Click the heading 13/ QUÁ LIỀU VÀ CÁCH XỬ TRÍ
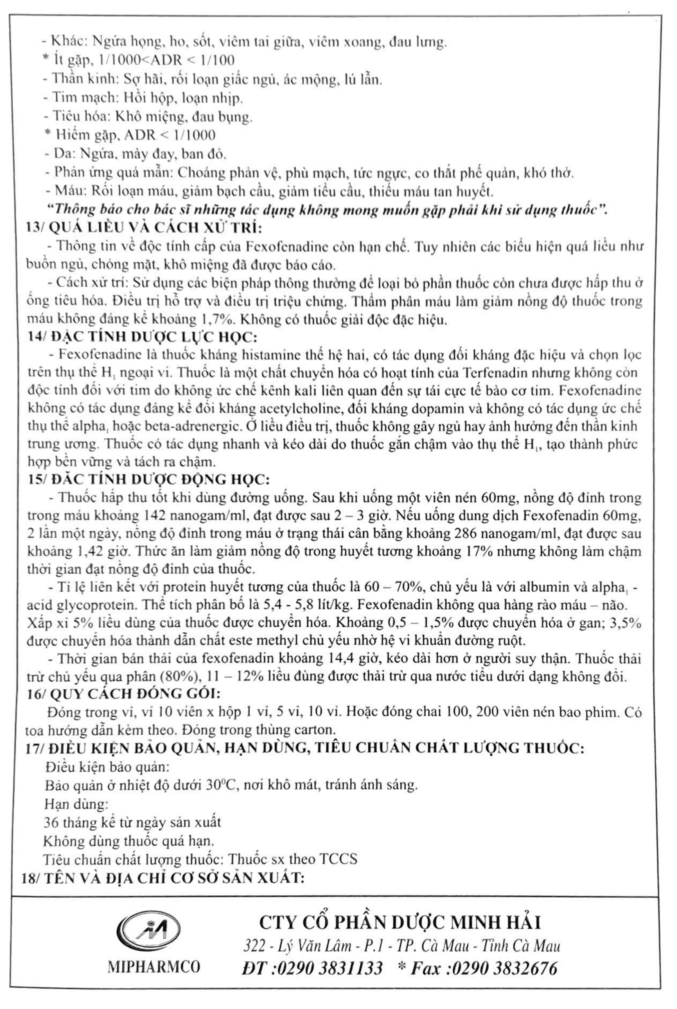144,228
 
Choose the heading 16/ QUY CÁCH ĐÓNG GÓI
124,694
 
